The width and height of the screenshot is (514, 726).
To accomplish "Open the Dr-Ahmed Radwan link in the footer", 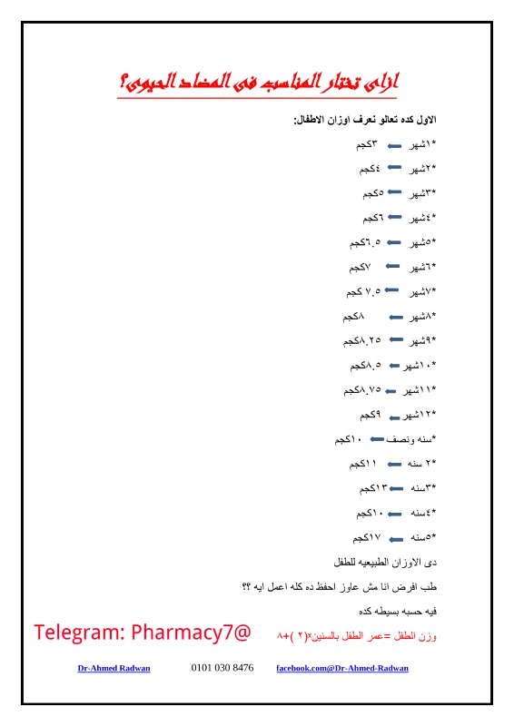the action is coord(114,669).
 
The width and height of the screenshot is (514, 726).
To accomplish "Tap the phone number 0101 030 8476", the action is coord(222,669).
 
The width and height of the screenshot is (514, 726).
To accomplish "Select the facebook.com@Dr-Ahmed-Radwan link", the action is coord(342,669).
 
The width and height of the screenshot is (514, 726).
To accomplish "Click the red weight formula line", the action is coord(356,636).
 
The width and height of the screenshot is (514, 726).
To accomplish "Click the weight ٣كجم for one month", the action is coord(368,144).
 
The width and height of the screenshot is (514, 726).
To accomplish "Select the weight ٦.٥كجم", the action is coord(365,243).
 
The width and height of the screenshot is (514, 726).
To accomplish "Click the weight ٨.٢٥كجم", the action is coord(362,341).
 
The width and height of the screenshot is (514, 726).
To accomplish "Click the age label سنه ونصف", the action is coord(412,439).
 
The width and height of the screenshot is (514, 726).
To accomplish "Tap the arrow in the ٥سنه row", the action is coord(396,537).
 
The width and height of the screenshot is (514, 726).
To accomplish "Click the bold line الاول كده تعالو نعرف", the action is coord(365,120).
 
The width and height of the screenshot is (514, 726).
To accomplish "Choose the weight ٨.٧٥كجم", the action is coord(362,390).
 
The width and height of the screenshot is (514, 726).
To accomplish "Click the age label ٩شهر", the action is coord(421,341).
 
